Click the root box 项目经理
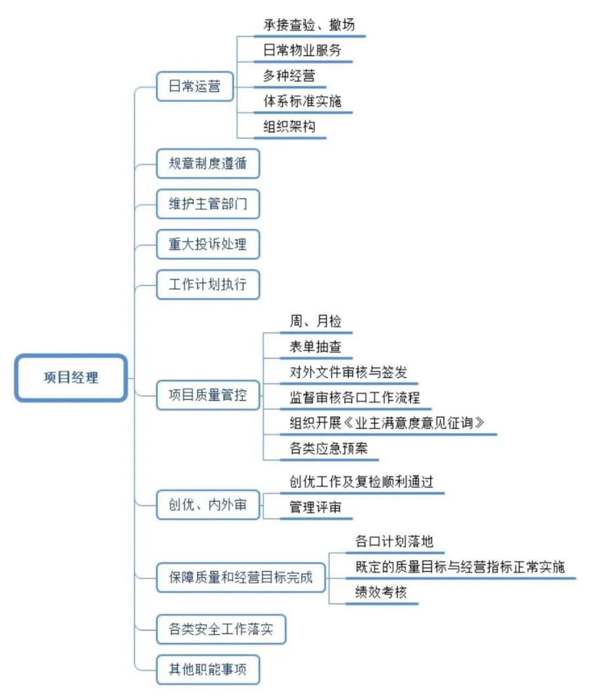[x=71, y=378]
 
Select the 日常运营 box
[x=195, y=86]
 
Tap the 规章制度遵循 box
[x=208, y=164]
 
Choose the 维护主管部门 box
[x=208, y=204]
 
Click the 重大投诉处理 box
[x=208, y=244]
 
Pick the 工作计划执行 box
[x=208, y=284]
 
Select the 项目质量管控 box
[x=208, y=395]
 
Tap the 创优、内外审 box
[x=208, y=505]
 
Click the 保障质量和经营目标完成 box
[x=241, y=577]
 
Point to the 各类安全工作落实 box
[x=221, y=629]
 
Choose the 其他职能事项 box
[x=208, y=669]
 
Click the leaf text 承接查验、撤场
[x=309, y=24]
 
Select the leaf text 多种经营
[x=289, y=75]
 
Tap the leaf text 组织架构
[x=289, y=126]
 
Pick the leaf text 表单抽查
[x=315, y=346]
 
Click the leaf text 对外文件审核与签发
[x=349, y=372]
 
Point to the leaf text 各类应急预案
[x=329, y=448]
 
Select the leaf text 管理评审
[x=315, y=507]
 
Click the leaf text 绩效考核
[x=382, y=592]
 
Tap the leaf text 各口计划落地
[x=394, y=541]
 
